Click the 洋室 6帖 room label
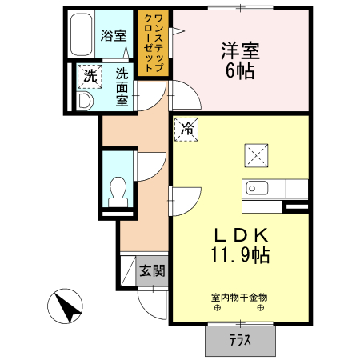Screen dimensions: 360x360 pos(240,60)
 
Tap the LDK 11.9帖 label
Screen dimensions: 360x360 pos(240,245)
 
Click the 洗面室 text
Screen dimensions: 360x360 pos(122,87)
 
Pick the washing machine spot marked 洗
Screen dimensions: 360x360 pos(89,78)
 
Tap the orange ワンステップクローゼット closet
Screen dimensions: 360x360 pos(152,44)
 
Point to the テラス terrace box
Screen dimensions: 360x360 pos(239,339)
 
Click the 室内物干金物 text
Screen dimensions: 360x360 pos(239,298)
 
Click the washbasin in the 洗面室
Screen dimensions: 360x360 pos(86,101)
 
